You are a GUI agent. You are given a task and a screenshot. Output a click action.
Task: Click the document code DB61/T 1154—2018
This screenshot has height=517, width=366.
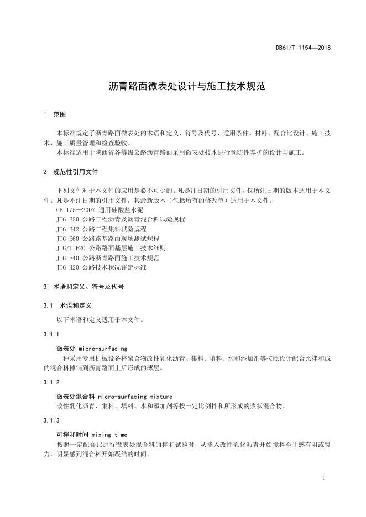303,48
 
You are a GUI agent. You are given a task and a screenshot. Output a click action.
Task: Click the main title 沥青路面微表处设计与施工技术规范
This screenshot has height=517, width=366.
182,87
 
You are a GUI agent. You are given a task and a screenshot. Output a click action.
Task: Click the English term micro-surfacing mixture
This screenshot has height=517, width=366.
135,397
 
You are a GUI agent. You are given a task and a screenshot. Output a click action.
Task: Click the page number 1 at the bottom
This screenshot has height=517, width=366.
322,478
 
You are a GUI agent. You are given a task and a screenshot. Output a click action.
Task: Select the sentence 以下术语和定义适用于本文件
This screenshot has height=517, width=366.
93,319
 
